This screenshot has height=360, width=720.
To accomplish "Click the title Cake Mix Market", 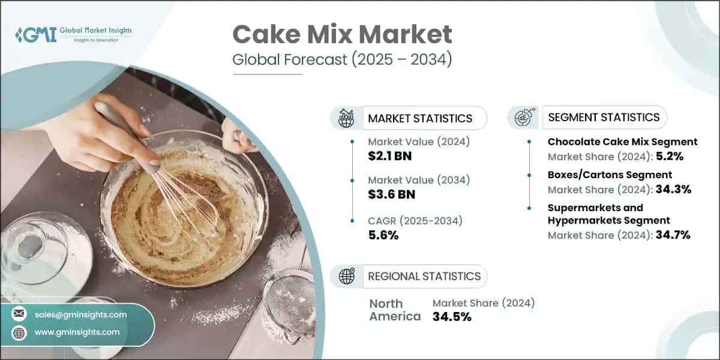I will pos(342,35).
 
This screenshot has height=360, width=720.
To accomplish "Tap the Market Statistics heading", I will pos(420,118).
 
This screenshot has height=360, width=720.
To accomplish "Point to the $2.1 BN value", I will pos(390,157).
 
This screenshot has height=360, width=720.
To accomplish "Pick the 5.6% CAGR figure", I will pos(383,235).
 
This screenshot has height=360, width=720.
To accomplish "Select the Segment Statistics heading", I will pos(604,117).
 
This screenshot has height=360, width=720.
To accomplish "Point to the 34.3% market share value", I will pos(674,190).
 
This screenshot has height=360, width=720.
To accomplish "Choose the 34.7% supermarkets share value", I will pos(673,235).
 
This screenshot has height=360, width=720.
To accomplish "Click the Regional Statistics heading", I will pos(424,276).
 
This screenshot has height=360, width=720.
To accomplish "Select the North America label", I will pos(395,310).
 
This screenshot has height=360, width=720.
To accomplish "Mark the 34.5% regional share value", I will pos(452,316).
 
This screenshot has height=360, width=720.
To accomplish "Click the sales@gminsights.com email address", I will pos(80,314).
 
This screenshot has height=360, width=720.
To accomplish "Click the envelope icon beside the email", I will pos(20,314).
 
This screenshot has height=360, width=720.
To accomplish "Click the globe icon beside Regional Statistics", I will pos(347,276).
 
